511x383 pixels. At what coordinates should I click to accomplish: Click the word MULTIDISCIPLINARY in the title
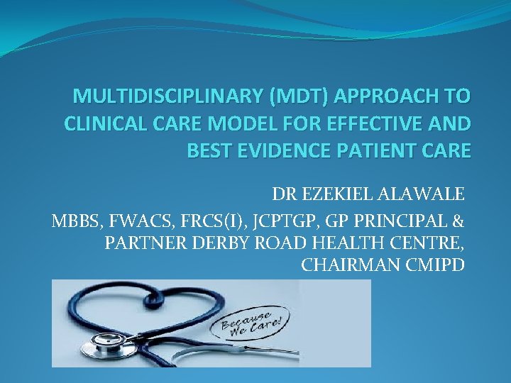click(x=154, y=96)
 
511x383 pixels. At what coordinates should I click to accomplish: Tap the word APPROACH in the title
click(x=377, y=96)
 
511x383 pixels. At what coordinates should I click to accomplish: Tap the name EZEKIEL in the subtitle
click(x=335, y=194)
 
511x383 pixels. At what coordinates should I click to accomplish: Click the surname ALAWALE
click(x=422, y=194)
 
